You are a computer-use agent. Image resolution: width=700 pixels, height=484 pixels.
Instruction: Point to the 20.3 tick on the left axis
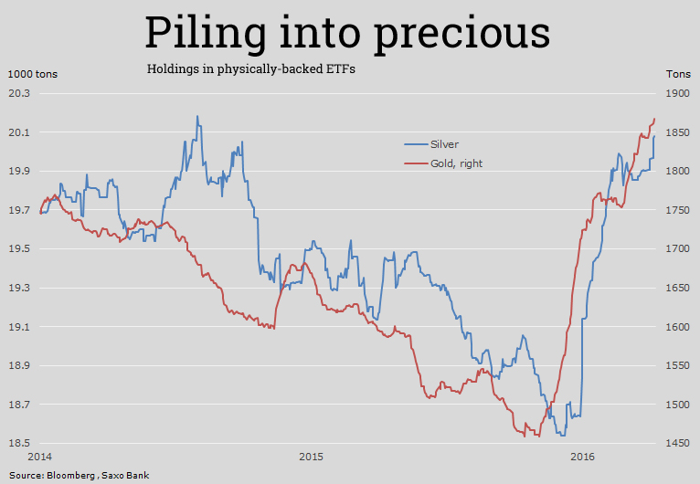click(19, 93)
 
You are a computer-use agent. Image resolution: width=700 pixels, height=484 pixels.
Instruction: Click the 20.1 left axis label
click(19, 132)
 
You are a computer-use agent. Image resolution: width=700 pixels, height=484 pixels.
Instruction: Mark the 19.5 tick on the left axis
click(19, 249)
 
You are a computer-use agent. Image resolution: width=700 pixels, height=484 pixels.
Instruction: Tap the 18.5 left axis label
click(19, 444)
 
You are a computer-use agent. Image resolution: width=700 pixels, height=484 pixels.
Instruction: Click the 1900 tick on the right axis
click(678, 93)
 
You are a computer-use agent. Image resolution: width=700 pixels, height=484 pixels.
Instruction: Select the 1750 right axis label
click(678, 210)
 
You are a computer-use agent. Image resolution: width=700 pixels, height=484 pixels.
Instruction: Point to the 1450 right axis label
click(678, 444)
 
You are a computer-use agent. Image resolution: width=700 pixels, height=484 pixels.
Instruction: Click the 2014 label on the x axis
click(39, 456)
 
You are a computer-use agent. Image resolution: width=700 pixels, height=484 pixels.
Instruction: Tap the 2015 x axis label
click(311, 456)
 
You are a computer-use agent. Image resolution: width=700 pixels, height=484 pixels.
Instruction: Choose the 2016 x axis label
click(581, 456)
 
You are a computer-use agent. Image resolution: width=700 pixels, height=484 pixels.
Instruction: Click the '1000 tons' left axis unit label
click(33, 74)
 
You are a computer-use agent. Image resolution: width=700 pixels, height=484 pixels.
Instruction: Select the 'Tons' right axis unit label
click(678, 74)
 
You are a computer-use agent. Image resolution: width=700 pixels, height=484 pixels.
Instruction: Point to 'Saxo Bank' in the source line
click(126, 476)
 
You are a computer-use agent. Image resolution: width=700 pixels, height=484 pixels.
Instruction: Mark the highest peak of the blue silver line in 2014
click(197, 117)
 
